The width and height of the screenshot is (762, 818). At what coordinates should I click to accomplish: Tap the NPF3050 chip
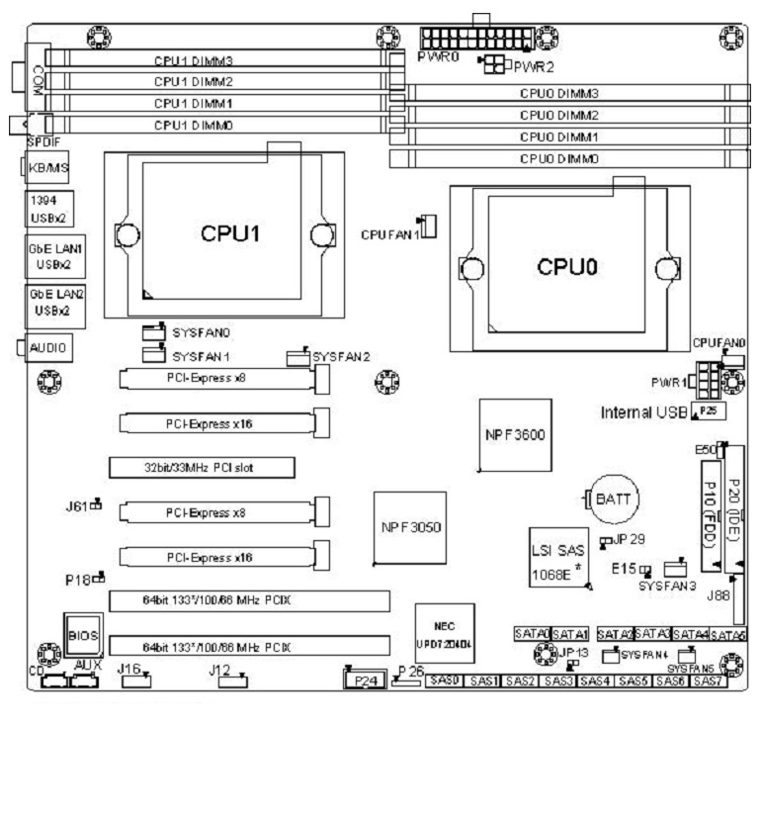pyautogui.click(x=410, y=527)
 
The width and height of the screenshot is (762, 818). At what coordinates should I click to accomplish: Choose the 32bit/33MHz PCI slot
pyautogui.click(x=202, y=466)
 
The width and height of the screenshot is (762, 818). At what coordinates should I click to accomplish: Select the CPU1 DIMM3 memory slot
pyautogui.click(x=208, y=60)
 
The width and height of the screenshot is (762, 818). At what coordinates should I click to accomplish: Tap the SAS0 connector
pyautogui.click(x=444, y=682)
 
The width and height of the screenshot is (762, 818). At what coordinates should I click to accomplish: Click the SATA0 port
pyautogui.click(x=531, y=633)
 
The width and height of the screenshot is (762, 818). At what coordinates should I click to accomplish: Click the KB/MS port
pyautogui.click(x=47, y=169)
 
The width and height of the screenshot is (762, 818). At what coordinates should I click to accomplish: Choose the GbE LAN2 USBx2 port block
pyautogui.click(x=47, y=303)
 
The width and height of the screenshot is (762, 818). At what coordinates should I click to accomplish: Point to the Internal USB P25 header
pyautogui.click(x=706, y=409)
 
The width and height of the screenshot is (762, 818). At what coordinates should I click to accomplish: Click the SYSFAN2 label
pyautogui.click(x=340, y=356)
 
